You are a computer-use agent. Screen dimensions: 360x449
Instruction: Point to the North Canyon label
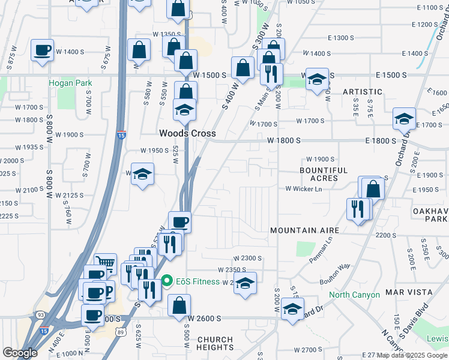pos(354,295)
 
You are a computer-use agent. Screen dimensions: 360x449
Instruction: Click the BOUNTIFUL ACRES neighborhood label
pos(324,174)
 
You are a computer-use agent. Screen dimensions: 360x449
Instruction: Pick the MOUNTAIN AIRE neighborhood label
pos(304,230)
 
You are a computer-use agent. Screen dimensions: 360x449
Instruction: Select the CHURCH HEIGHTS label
pos(215,343)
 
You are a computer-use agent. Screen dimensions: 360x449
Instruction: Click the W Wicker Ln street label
pos(303,189)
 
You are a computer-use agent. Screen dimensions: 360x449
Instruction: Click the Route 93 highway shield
pos(40,314)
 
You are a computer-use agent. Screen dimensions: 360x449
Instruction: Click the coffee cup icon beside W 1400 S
pos(42,50)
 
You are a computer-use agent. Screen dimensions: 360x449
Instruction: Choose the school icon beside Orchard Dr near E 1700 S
pos(404,118)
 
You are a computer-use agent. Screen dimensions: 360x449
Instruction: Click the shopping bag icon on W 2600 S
pos(179,305)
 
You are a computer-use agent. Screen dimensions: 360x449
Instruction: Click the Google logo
pos(20,353)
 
